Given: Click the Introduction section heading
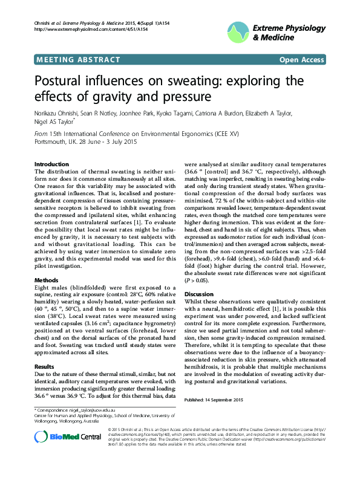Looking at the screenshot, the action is [x=51, y=164].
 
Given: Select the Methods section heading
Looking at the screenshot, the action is [x=47, y=281].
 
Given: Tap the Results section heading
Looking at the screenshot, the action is [x=45, y=366].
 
